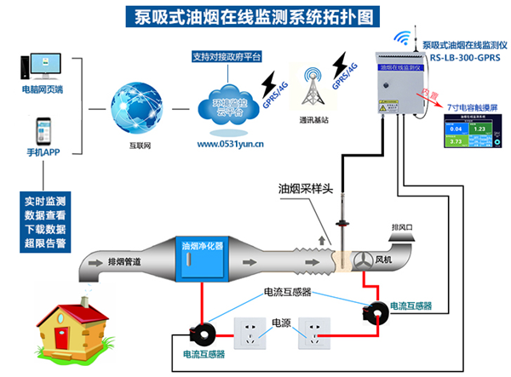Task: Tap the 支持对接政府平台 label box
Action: [x=227, y=56]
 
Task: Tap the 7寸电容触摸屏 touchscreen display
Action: [x=473, y=136]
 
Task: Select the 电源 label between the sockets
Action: [x=281, y=323]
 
